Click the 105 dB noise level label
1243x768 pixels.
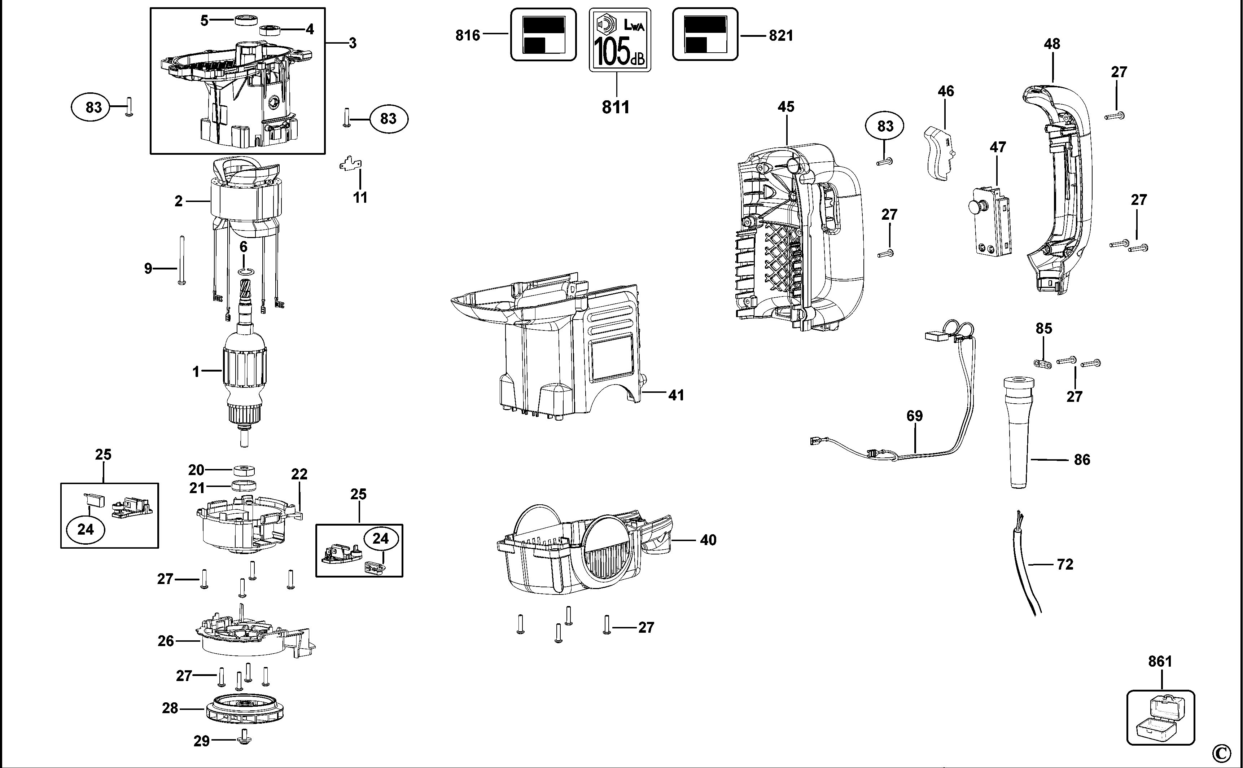(620, 40)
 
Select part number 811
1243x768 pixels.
(616, 107)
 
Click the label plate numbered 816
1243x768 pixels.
(543, 35)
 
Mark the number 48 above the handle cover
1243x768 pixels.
(1052, 44)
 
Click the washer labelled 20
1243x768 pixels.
(244, 470)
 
